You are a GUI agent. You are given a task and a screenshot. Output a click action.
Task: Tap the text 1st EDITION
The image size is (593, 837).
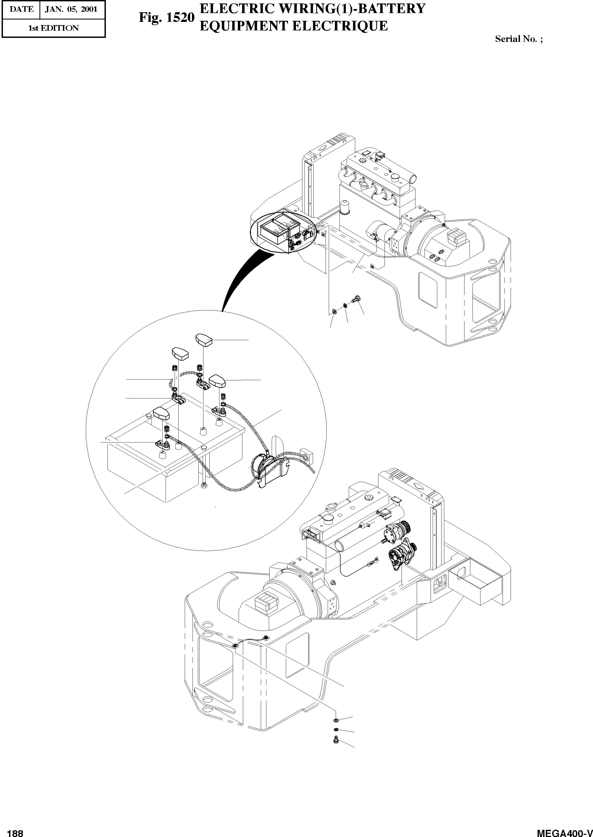(x=53, y=28)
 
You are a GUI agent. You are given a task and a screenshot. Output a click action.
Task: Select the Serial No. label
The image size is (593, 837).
(x=518, y=39)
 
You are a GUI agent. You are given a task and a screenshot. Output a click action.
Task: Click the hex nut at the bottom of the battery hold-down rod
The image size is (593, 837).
(x=203, y=485)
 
